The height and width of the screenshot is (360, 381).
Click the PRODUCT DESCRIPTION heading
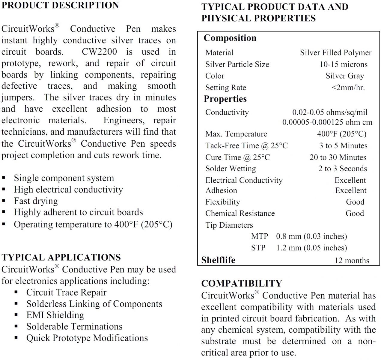tap(60, 5)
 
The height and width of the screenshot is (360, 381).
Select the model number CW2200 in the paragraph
tap(99, 52)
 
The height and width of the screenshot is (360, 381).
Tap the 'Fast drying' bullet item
tap(36, 201)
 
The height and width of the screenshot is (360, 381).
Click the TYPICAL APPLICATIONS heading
tap(61, 257)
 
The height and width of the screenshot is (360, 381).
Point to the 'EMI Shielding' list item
tap(55, 315)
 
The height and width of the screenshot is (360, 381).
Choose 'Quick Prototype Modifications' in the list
tap(87, 338)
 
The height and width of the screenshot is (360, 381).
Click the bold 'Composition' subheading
tap(230, 38)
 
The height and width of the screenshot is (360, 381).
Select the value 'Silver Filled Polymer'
tap(336, 53)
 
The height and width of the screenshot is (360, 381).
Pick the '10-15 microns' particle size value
tap(344, 64)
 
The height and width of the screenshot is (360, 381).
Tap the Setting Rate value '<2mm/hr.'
tap(348, 88)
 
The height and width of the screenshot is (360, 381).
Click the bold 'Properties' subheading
tap(225, 99)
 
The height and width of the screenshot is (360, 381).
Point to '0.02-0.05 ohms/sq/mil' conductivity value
tap(330, 112)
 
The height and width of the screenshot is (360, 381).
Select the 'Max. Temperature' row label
tap(236, 134)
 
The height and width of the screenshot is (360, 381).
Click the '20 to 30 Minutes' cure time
tap(338, 157)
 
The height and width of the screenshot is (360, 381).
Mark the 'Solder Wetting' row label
tap(231, 169)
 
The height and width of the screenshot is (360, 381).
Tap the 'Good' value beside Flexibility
tap(355, 202)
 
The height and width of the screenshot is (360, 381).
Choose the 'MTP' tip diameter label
tap(260, 236)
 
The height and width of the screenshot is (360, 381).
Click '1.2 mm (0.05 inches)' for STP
tap(311, 248)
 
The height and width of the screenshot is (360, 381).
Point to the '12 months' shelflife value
tap(352, 260)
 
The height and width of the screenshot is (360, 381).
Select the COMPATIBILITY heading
tap(242, 283)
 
